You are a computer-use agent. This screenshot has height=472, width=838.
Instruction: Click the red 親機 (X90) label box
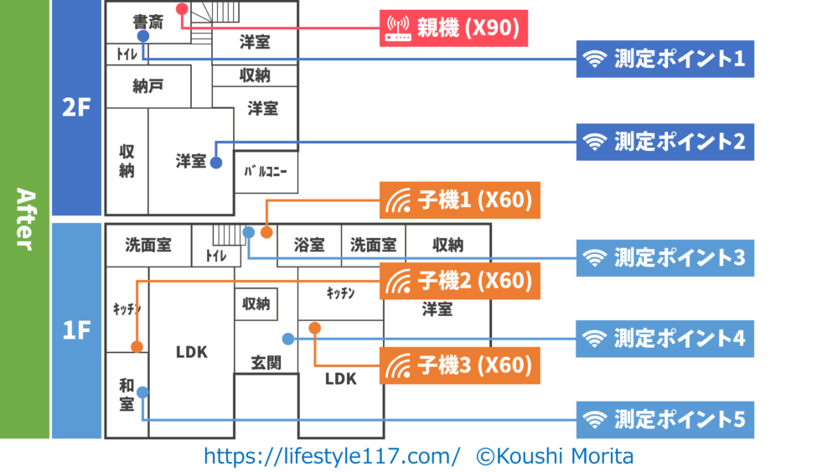(x=453, y=29)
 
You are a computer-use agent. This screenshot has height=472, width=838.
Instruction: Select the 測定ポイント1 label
(x=665, y=60)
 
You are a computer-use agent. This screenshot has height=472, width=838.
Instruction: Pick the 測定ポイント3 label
(x=665, y=257)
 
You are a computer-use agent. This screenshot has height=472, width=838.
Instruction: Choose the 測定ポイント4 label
(x=665, y=338)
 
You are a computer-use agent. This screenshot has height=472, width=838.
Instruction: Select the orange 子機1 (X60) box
(x=459, y=201)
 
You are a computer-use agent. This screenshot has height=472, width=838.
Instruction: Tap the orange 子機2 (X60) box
(x=459, y=281)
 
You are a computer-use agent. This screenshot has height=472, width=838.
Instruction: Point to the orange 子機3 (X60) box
(x=459, y=366)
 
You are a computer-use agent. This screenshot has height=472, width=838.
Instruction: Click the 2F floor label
(x=75, y=109)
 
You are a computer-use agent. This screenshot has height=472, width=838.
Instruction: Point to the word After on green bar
(x=24, y=219)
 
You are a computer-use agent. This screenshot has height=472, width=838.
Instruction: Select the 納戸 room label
(x=148, y=86)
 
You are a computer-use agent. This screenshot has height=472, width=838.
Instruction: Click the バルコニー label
(x=266, y=172)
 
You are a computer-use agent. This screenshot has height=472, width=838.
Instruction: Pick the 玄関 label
(x=266, y=363)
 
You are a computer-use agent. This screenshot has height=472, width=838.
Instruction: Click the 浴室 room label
(x=308, y=245)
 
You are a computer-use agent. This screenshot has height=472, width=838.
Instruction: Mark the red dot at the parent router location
(x=182, y=8)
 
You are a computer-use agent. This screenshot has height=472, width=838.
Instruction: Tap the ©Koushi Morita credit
(x=556, y=456)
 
